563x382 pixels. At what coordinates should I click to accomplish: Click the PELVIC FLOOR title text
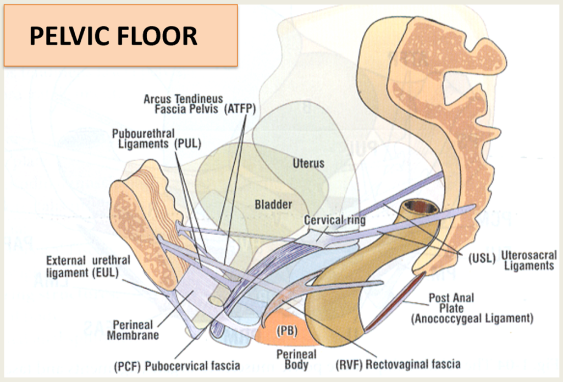click(113, 36)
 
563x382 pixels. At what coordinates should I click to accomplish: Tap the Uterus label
click(308, 163)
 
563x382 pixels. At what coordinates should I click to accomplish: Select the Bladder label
click(273, 204)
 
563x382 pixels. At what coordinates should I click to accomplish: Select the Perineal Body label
click(297, 359)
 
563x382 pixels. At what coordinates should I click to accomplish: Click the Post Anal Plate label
click(451, 303)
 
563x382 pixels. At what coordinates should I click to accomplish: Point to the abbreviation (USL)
click(483, 257)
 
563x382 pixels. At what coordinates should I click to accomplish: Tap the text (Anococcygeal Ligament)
click(471, 318)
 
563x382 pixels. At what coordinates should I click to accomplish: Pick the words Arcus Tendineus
click(184, 99)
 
